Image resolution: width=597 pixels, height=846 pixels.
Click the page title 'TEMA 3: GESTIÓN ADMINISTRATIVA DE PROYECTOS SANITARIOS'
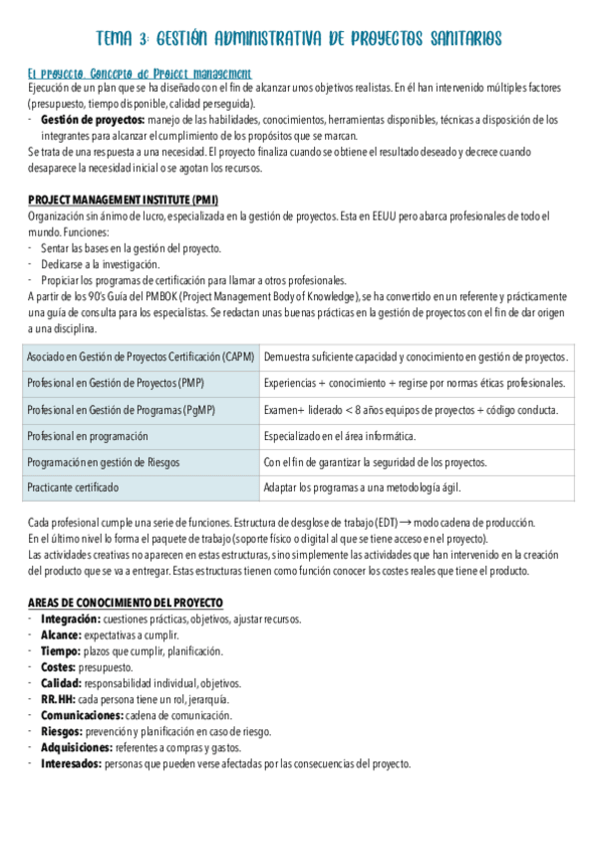298,39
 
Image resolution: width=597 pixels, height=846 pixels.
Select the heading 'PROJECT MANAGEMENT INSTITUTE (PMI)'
124,200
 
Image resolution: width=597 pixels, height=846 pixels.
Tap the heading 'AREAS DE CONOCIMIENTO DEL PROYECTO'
126,603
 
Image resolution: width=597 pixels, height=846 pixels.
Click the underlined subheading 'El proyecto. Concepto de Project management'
140,74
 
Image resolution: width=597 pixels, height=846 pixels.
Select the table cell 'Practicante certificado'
73,488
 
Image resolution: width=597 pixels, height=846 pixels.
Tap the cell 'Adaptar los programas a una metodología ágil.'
362,488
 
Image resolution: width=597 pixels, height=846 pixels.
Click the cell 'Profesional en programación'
88,436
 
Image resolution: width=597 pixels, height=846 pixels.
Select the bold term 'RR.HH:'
57,699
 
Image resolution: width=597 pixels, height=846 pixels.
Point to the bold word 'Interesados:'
71,763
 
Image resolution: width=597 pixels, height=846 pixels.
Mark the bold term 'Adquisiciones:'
76,747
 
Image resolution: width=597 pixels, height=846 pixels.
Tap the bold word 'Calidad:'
61,683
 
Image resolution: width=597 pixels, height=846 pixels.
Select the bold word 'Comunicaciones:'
82,715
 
